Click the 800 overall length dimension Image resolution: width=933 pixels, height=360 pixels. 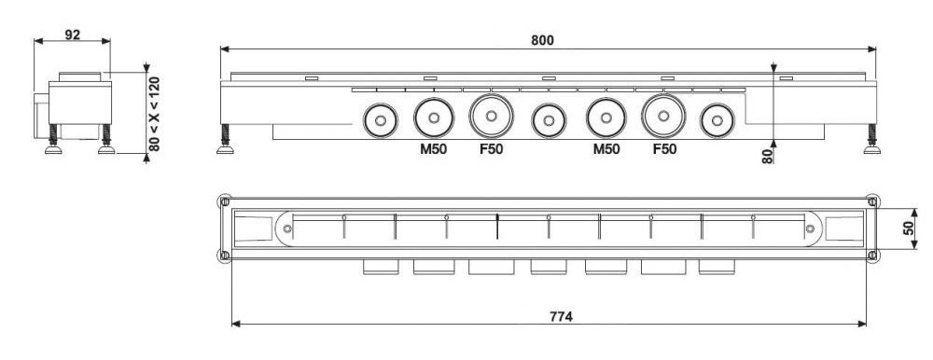click(542, 40)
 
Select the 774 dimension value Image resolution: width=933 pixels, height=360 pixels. click(561, 316)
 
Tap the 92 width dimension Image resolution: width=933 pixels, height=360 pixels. click(72, 35)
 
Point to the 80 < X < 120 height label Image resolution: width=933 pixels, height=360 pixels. click(154, 114)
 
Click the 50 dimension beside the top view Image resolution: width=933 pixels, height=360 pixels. click(909, 228)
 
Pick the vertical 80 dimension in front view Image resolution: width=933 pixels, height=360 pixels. click(768, 156)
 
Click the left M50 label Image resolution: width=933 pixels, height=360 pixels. click(433, 149)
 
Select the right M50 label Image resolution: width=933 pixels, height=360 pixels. click(606, 149)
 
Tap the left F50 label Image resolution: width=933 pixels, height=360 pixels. click(492, 149)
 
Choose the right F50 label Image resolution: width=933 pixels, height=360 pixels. click(664, 149)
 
